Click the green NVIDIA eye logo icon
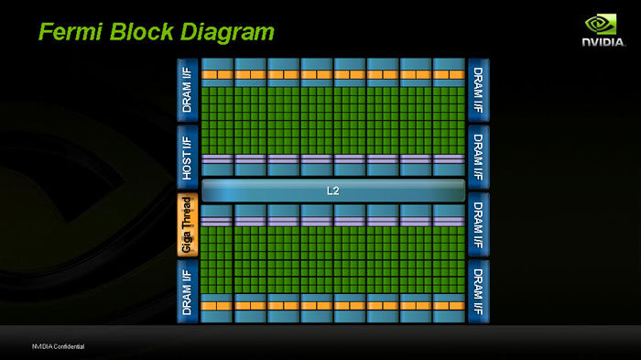601,24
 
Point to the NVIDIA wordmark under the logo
601,41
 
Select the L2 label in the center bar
332,191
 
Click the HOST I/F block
187,157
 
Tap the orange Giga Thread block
187,224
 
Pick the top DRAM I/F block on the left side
187,90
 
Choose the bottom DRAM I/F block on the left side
187,290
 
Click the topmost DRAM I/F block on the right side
478,90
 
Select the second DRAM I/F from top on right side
478,157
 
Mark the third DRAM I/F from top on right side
478,224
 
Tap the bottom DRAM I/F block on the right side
478,290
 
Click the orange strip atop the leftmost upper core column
217,74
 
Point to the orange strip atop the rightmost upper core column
448,74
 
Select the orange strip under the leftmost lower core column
217,305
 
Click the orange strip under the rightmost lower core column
448,305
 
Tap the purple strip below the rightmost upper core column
448,158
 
